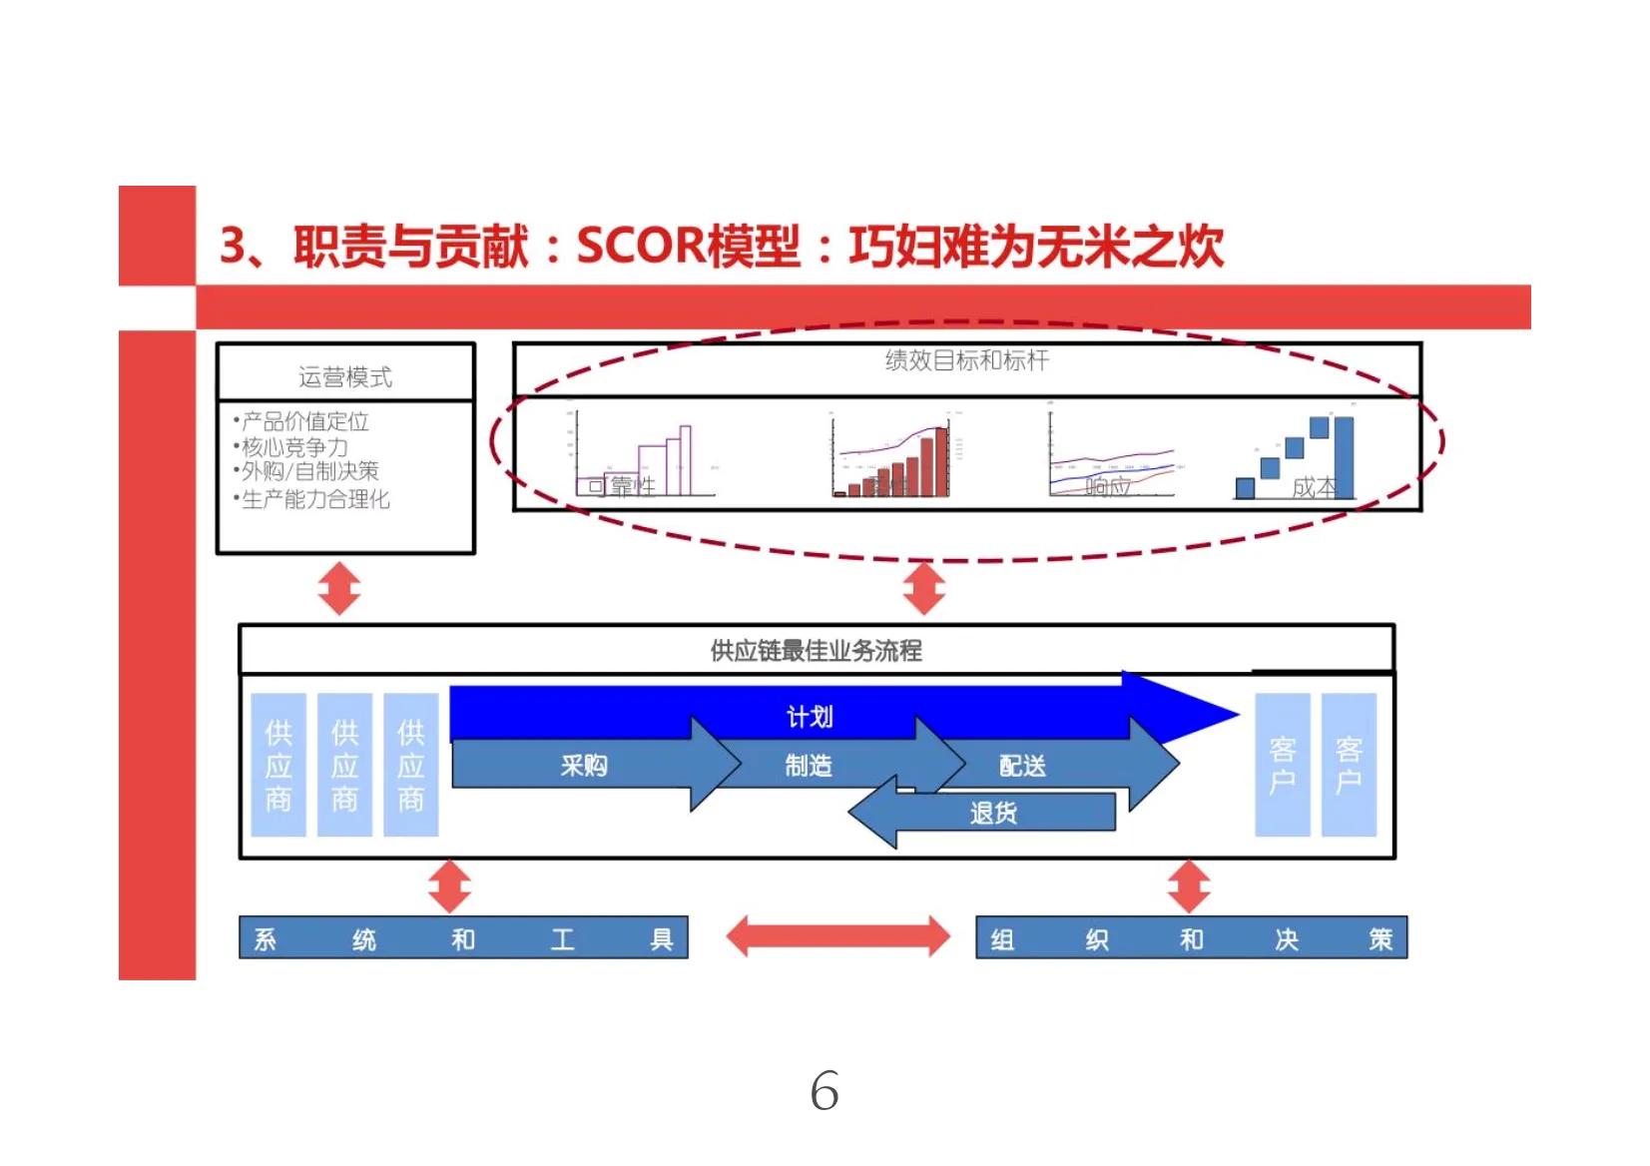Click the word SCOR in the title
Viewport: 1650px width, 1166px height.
click(x=639, y=246)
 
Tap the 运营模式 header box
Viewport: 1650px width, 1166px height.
click(x=345, y=376)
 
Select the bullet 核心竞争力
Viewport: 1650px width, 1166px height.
click(x=295, y=446)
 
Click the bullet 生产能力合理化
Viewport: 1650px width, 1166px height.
click(x=314, y=498)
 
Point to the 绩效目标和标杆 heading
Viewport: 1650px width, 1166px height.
click(x=966, y=360)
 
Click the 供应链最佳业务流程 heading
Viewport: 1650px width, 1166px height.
click(x=816, y=651)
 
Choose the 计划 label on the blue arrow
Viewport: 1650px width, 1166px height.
click(x=809, y=716)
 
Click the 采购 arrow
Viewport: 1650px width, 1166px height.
click(x=584, y=766)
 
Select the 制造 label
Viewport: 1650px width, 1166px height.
click(x=809, y=766)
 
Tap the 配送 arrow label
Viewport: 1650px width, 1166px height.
click(x=1023, y=766)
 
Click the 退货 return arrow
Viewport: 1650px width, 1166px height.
click(x=993, y=813)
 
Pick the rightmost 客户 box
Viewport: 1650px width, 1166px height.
click(x=1349, y=765)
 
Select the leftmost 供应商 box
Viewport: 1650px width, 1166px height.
click(x=278, y=765)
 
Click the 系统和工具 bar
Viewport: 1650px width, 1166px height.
click(x=463, y=938)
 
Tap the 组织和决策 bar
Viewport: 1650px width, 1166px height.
click(x=1191, y=938)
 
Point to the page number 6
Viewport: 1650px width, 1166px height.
click(x=825, y=1090)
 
